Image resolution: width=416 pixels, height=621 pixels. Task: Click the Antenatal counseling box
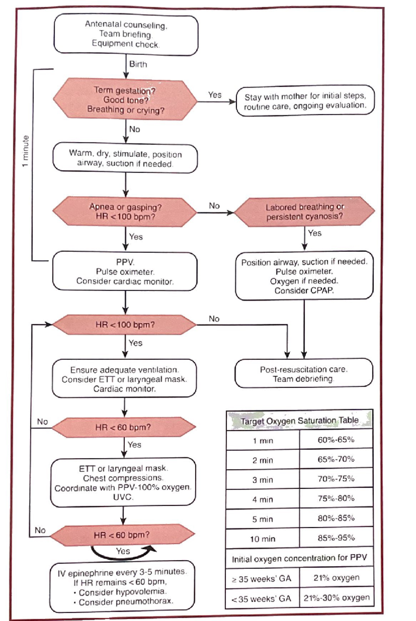click(126, 34)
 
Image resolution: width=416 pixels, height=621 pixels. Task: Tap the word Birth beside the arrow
click(138, 64)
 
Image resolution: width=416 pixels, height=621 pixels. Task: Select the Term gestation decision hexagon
click(125, 100)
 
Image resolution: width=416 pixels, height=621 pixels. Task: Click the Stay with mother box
click(305, 101)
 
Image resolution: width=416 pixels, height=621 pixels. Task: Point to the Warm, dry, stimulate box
click(125, 158)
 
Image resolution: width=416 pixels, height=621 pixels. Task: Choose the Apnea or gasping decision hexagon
click(125, 212)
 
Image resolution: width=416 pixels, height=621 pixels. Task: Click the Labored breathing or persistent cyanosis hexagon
click(304, 212)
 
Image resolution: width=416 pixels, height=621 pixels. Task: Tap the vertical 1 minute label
click(25, 151)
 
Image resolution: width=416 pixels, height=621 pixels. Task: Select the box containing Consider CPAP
click(304, 276)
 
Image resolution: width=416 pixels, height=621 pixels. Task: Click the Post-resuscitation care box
click(304, 374)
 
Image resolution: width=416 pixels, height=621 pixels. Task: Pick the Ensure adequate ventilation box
click(124, 379)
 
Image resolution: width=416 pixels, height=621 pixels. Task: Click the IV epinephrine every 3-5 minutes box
click(122, 587)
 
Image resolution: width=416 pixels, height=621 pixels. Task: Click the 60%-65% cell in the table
click(336, 440)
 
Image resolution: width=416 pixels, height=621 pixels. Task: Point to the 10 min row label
click(262, 539)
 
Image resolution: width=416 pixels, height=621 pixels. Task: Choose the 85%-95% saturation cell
click(336, 538)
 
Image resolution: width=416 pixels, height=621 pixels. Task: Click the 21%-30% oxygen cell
click(336, 598)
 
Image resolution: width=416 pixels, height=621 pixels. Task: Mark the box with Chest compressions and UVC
click(123, 482)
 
